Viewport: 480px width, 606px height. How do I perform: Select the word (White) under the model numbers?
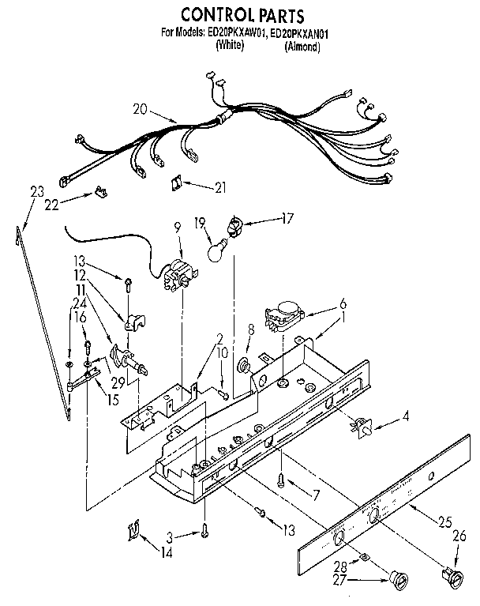coord(229,47)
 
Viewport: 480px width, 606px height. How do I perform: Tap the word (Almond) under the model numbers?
coord(302,47)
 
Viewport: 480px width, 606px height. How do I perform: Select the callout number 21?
coord(220,186)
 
